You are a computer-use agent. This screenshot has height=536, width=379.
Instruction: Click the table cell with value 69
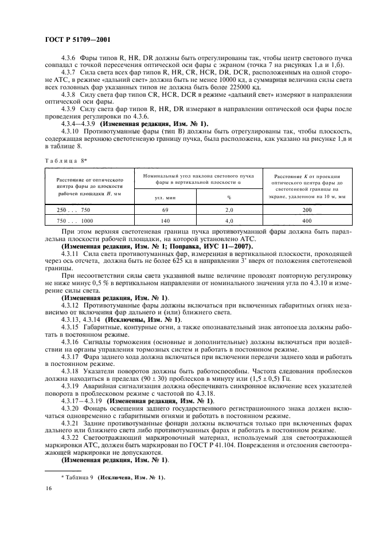click(x=164, y=210)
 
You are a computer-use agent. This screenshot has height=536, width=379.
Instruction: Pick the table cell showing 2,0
click(x=228, y=210)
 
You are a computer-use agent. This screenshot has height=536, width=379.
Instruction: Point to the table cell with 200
click(x=306, y=210)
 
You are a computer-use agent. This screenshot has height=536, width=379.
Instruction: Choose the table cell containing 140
click(x=164, y=220)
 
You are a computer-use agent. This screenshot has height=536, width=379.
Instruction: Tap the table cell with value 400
click(x=306, y=220)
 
